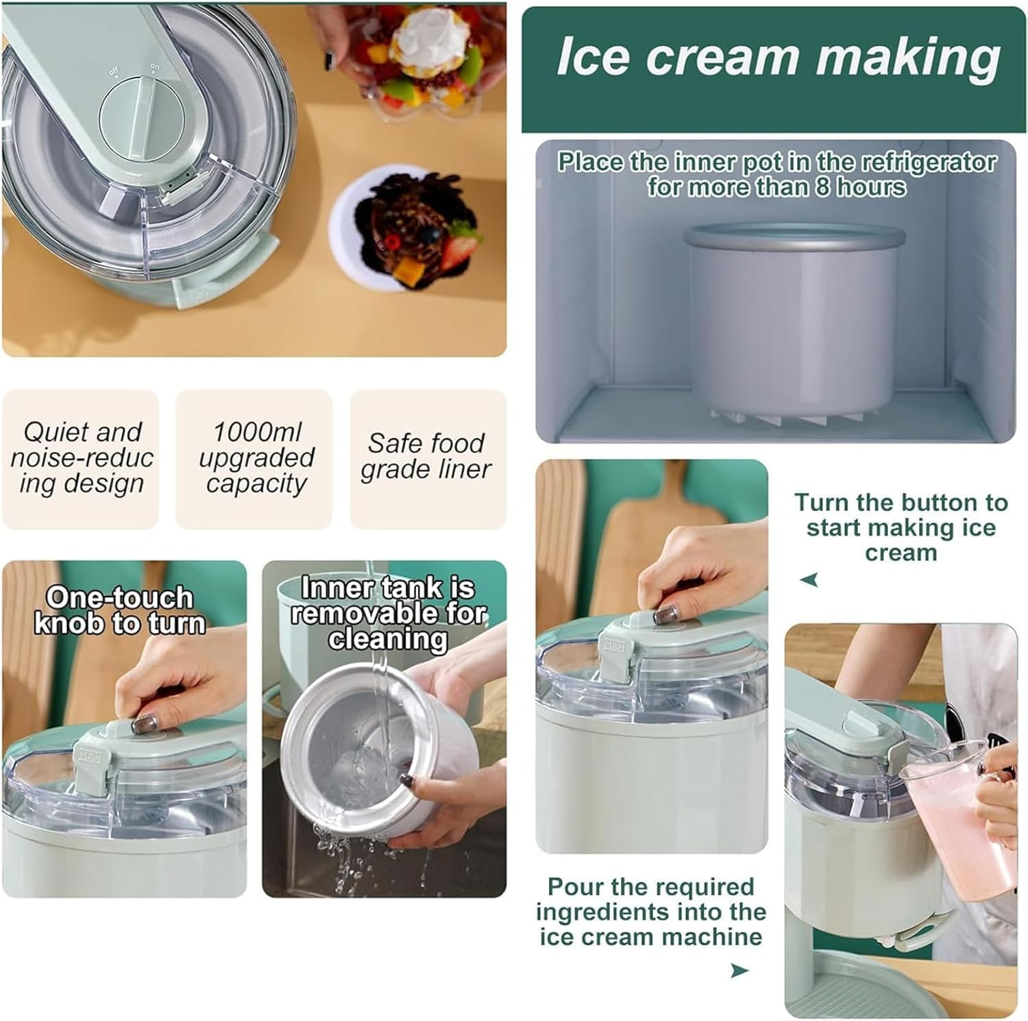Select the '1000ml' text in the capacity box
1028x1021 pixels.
coord(256,432)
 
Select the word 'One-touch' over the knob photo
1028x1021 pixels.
coord(119,597)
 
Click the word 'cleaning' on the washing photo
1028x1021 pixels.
coord(387,638)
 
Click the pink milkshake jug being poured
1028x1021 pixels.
coord(959,830)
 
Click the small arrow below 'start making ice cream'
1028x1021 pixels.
coord(809,580)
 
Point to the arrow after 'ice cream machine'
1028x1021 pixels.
coord(739,970)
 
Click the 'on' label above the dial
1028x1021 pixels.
coord(154,67)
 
